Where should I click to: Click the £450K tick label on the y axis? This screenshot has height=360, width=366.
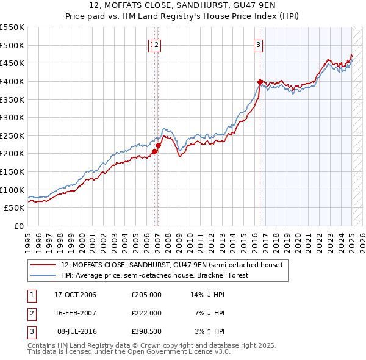12,63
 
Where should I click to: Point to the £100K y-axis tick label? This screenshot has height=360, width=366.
12,190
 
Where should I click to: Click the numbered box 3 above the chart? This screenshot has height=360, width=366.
258,44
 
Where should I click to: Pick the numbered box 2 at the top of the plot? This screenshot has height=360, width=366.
157,44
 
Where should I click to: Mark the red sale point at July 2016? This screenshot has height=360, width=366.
260,81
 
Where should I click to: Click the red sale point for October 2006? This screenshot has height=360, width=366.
154,152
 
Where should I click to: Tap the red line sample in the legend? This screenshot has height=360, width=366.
43,265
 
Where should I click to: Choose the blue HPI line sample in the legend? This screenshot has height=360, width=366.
43,275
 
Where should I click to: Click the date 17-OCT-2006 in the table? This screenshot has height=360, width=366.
75,295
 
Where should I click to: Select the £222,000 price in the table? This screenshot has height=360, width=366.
146,312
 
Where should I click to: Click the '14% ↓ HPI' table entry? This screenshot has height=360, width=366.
207,295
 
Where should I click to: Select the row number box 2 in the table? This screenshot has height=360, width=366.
31,312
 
